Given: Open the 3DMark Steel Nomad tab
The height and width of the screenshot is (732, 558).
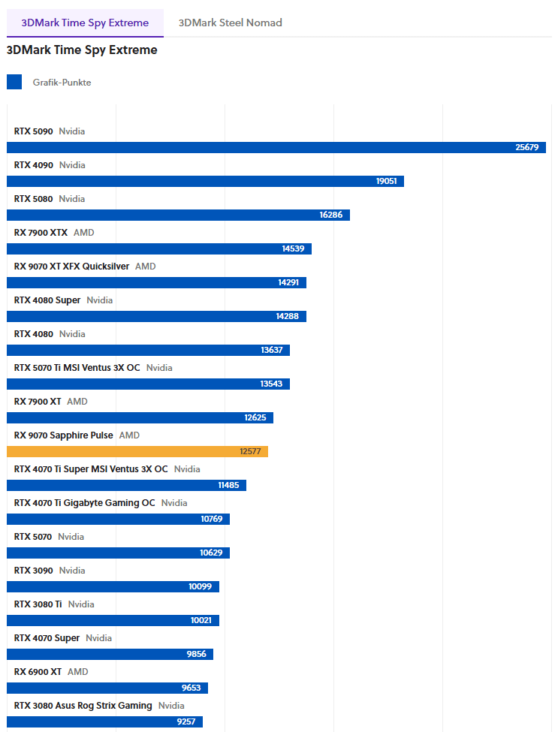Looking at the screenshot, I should point(230,23).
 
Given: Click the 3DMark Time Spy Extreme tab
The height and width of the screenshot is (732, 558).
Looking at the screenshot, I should point(85,23).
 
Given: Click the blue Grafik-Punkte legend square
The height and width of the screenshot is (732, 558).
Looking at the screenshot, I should point(14,82).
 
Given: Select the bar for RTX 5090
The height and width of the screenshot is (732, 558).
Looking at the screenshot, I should point(276,147).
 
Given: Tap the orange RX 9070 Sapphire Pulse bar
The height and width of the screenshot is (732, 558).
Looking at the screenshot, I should point(137,451).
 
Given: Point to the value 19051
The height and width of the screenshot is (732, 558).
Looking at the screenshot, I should point(388,181).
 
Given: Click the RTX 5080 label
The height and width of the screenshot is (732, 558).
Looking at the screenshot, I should point(34,199).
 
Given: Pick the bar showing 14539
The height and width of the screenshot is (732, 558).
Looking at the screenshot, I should point(158,249).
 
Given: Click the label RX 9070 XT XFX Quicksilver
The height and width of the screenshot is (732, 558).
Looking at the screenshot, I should point(71,267).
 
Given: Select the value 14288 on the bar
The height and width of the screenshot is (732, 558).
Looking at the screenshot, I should point(287,316).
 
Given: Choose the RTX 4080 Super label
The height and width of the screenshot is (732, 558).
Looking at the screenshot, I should point(47,300).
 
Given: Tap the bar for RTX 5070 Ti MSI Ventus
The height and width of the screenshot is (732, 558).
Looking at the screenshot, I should point(148,384).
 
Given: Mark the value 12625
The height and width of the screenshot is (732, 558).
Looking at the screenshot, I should point(255,417).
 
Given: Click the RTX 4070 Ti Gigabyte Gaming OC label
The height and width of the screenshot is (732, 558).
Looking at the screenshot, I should point(84,503).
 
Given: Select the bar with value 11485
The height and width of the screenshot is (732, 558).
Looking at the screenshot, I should point(126,485).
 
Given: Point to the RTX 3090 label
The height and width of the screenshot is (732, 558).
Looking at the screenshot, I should point(34,571).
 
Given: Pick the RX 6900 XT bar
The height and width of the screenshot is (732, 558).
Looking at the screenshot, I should point(107,688).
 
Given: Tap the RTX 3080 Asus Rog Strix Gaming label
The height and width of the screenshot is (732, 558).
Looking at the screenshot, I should point(83,706).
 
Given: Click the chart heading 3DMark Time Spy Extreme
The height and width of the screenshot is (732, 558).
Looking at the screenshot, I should point(82,50).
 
